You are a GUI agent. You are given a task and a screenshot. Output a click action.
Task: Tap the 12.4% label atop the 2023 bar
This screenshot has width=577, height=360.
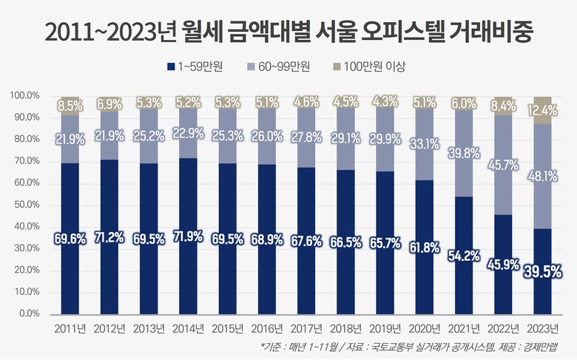pyautogui.click(x=542, y=111)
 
